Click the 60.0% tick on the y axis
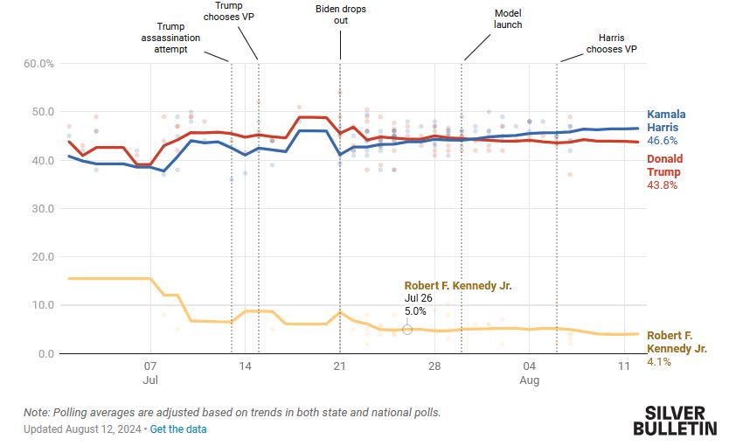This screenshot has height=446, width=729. [38, 64]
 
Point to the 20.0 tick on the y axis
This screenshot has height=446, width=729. [41, 257]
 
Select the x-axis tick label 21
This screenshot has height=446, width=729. [340, 367]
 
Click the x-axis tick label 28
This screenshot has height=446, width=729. [434, 367]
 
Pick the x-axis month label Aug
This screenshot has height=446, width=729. [530, 382]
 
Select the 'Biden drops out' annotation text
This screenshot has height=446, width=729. [340, 15]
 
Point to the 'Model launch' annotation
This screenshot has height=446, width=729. [507, 19]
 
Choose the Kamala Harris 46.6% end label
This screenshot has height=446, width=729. [666, 127]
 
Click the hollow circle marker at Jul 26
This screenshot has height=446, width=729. [407, 329]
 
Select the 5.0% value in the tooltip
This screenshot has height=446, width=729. [415, 310]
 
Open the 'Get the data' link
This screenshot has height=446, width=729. [178, 429]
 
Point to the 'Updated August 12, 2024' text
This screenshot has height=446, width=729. [82, 429]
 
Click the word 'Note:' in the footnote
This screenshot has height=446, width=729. [37, 412]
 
